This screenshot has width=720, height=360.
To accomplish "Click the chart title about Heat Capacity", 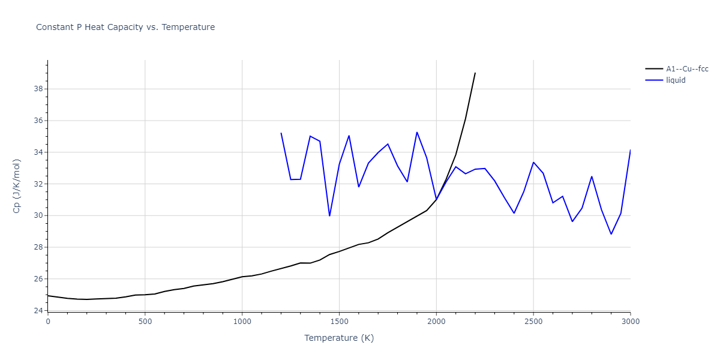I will click(125, 27).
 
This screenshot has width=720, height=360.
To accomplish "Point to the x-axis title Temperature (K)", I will click(339, 338).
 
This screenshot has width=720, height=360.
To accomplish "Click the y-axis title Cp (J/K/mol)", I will click(17, 186).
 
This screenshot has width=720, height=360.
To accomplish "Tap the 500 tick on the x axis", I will click(145, 322).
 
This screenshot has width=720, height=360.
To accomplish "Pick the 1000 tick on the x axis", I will click(242, 322).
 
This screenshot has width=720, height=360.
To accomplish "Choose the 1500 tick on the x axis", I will click(339, 322).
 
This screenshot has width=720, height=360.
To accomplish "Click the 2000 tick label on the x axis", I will click(436, 322).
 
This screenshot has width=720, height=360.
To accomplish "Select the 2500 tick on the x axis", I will click(533, 322).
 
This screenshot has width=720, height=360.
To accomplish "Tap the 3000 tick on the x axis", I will click(631, 322).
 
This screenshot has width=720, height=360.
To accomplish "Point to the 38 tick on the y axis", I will click(38, 89).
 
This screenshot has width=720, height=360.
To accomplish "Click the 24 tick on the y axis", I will click(38, 311).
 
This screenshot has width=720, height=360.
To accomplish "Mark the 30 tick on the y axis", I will click(38, 215).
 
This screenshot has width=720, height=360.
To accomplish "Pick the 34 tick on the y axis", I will click(38, 152).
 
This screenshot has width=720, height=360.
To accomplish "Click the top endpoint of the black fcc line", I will click(475, 73).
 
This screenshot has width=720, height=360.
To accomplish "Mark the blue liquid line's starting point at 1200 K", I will click(281, 133).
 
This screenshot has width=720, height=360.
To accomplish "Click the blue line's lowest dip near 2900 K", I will click(611, 234).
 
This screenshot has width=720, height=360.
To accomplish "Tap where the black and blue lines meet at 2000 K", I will click(436, 199).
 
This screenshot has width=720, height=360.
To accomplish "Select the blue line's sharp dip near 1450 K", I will click(329, 216).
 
